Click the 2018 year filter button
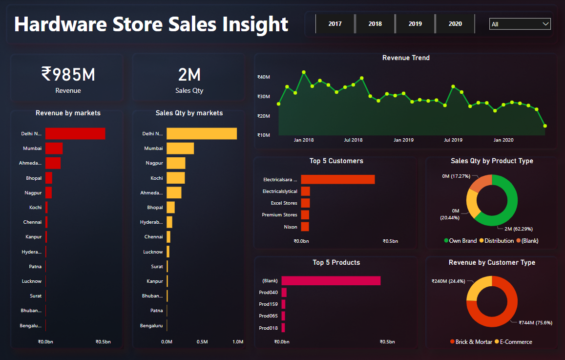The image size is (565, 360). tap(375, 24)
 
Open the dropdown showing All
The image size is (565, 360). tap(520, 24)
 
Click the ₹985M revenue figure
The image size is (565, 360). tap(68, 75)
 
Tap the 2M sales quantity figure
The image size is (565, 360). tap(189, 75)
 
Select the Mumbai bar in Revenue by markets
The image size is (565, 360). tap(54, 148)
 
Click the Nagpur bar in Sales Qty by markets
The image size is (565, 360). tap(176, 163)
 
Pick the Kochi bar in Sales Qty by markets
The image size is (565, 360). tap(176, 178)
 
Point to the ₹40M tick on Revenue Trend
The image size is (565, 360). tap(264, 77)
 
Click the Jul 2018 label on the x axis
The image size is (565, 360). tap(353, 140)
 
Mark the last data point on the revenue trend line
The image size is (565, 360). tap(545, 126)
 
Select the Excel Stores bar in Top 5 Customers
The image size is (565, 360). tap(305, 203)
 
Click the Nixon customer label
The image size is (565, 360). tap(290, 227)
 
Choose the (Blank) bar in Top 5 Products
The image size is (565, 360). tap(331, 280)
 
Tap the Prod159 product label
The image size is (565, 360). tap(268, 304)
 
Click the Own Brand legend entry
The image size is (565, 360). tap(460, 241)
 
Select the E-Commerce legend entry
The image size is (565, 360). tap(513, 342)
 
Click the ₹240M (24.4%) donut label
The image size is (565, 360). tap(448, 281)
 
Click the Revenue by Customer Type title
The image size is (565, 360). tap(492, 263)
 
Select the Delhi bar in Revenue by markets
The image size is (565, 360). tap(75, 133)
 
